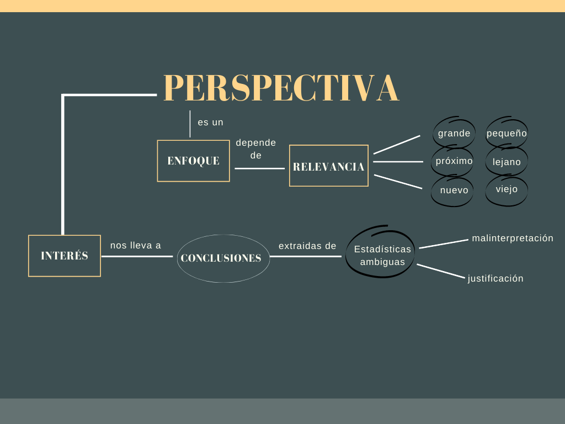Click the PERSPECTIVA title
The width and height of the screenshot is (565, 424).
[281, 88]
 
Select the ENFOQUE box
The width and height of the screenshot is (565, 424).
[193, 161]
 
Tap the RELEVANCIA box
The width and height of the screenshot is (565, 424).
[329, 166]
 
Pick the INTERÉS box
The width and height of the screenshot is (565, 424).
[65, 256]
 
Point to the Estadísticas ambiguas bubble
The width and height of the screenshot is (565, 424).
[382, 255]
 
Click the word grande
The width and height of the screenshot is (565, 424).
[454, 133]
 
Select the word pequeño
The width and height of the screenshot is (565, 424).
[507, 133]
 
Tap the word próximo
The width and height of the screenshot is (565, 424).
[454, 161]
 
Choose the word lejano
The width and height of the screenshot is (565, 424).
[507, 162]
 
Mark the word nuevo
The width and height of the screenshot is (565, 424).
[454, 190]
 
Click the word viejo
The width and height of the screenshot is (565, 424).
[507, 189]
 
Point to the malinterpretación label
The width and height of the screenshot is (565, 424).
[513, 238]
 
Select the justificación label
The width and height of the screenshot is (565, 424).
[495, 278]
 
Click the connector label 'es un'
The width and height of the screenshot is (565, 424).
[211, 122]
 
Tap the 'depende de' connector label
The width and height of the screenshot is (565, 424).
[256, 149]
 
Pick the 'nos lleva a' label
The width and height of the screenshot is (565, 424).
[136, 245]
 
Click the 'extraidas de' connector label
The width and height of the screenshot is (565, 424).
[307, 246]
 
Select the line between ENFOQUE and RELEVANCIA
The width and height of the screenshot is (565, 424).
[259, 168]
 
